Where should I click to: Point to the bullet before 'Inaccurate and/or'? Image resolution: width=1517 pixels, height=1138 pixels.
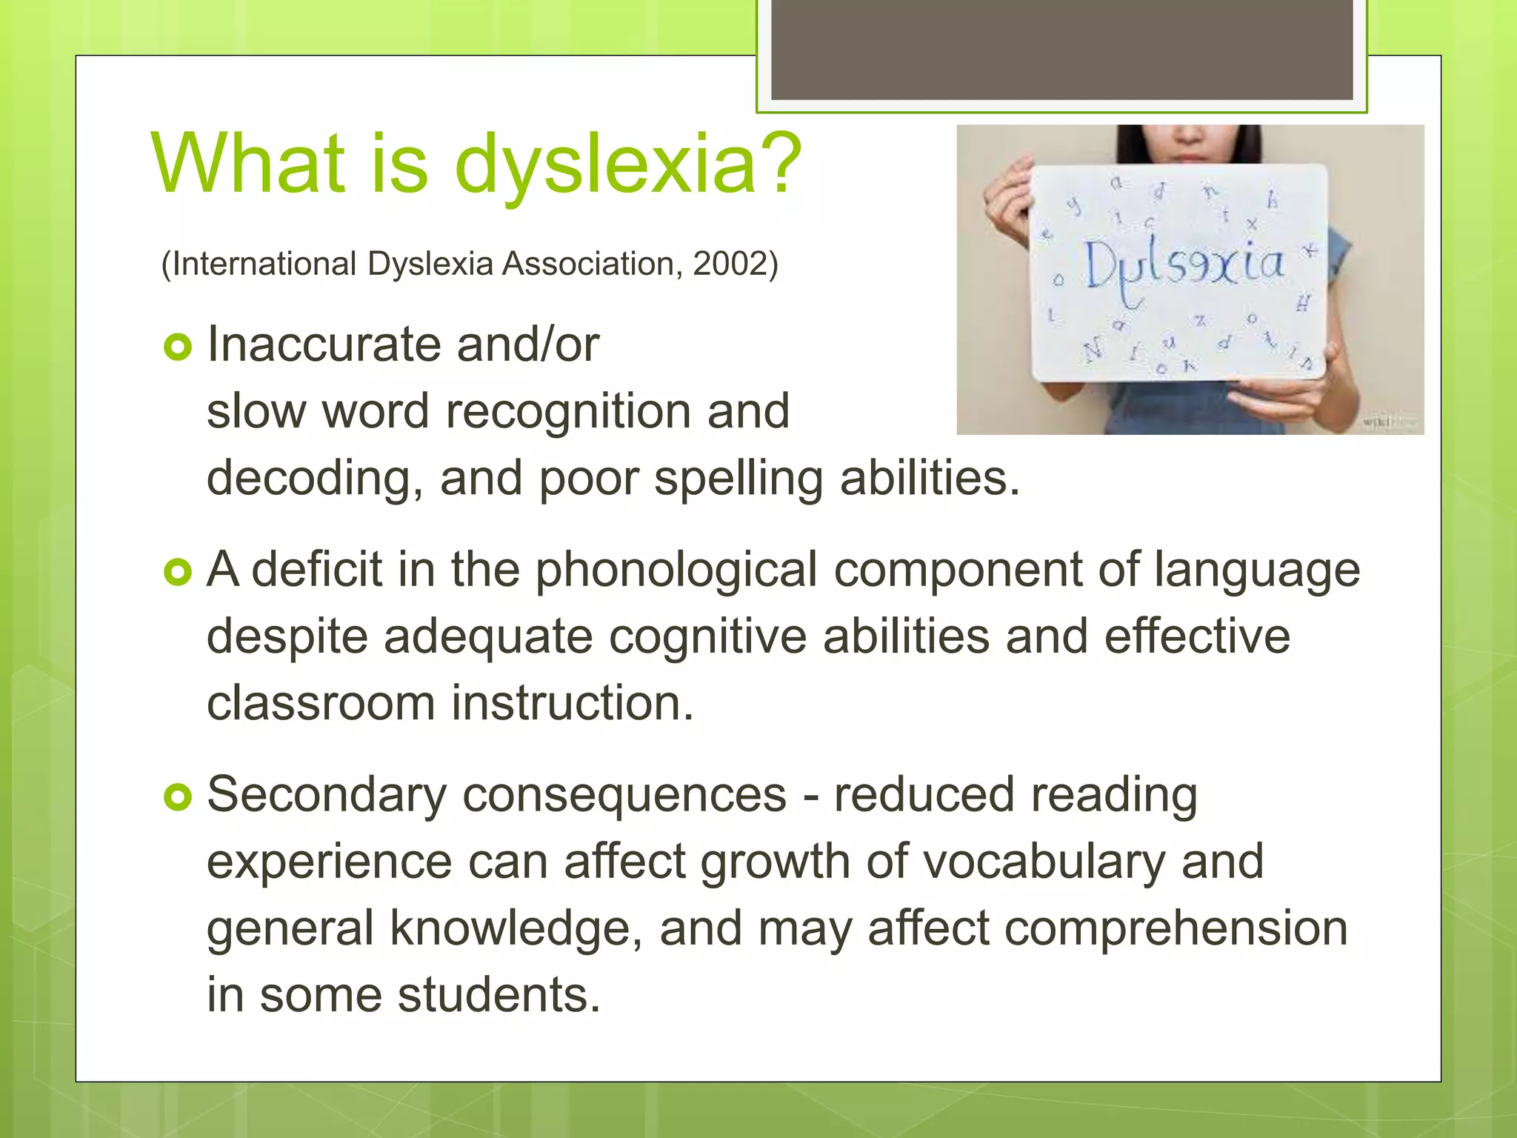pos(178,346)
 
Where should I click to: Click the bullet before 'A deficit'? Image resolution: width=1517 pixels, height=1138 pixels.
pos(178,571)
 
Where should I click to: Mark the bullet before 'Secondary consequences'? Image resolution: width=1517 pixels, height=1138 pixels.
pos(178,796)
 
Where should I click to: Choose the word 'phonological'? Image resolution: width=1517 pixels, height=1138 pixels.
pos(676,570)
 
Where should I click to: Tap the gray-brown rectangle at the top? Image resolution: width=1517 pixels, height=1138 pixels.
pos(1061,50)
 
